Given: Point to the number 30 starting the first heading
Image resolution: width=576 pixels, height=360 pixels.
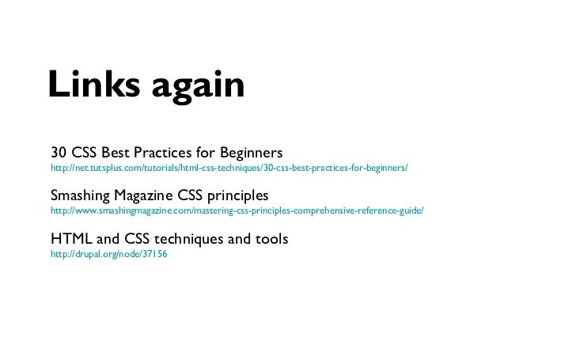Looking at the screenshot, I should [59, 151].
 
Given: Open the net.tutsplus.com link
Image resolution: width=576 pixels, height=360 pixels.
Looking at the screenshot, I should [229, 169].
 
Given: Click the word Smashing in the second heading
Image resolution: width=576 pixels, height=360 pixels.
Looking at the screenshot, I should [81, 195].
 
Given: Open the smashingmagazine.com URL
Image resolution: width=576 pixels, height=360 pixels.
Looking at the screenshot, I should [237, 212].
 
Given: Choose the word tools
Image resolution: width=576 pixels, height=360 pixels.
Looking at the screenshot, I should [271, 238].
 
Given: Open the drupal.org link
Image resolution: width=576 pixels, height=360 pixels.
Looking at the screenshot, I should [108, 256].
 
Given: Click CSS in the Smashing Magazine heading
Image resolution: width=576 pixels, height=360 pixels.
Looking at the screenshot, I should [191, 195].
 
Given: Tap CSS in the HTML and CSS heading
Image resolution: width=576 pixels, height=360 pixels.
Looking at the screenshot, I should [139, 238].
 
